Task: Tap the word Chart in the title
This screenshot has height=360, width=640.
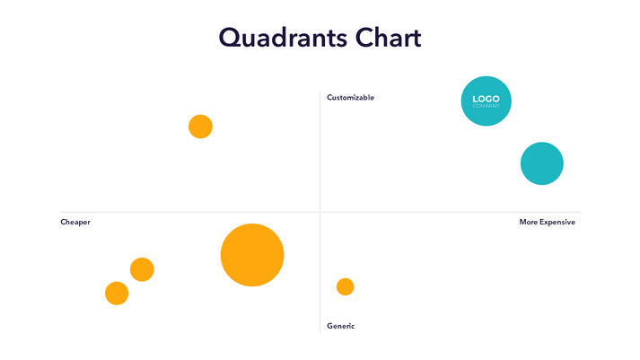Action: (x=387, y=39)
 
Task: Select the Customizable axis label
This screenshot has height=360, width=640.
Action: (x=350, y=97)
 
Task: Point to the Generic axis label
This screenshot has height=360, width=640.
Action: (x=340, y=326)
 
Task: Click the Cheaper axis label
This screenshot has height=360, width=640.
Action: (x=75, y=222)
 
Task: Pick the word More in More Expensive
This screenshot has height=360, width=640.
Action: (x=530, y=222)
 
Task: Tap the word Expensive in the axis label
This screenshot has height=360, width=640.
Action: (x=558, y=222)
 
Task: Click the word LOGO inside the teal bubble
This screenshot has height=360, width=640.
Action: (x=486, y=99)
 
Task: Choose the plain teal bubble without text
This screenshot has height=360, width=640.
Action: (x=541, y=163)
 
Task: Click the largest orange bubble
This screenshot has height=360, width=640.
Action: (x=252, y=255)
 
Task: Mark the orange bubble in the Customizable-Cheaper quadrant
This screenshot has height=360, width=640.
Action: (x=200, y=127)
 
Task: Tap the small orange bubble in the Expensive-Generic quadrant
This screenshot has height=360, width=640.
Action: (x=345, y=286)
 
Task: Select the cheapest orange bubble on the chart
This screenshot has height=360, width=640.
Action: (x=117, y=293)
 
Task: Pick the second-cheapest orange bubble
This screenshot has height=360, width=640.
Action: (x=142, y=269)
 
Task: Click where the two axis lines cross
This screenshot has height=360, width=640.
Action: (x=320, y=213)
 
